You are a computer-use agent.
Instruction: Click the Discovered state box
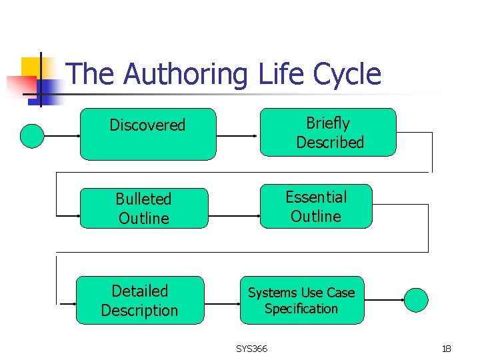(148, 134)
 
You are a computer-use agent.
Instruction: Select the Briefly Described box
(327, 133)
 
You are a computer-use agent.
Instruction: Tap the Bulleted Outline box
(143, 208)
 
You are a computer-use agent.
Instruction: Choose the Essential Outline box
(315, 206)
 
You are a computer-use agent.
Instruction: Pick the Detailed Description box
(139, 300)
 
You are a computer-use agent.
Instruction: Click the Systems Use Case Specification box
(302, 300)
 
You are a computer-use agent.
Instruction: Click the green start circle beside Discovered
(31, 135)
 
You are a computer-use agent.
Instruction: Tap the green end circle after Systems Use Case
(417, 300)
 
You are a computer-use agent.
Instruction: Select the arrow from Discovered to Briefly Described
(237, 136)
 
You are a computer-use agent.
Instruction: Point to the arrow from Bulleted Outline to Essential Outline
(233, 216)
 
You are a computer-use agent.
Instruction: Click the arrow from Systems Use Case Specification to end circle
(385, 301)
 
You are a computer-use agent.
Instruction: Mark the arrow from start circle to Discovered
(61, 136)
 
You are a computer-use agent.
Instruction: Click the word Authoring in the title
(185, 74)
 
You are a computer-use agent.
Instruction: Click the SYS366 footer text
(251, 349)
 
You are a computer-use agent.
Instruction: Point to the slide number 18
(446, 349)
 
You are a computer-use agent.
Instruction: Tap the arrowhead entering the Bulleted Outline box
(76, 216)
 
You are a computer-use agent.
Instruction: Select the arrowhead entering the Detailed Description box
(72, 303)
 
